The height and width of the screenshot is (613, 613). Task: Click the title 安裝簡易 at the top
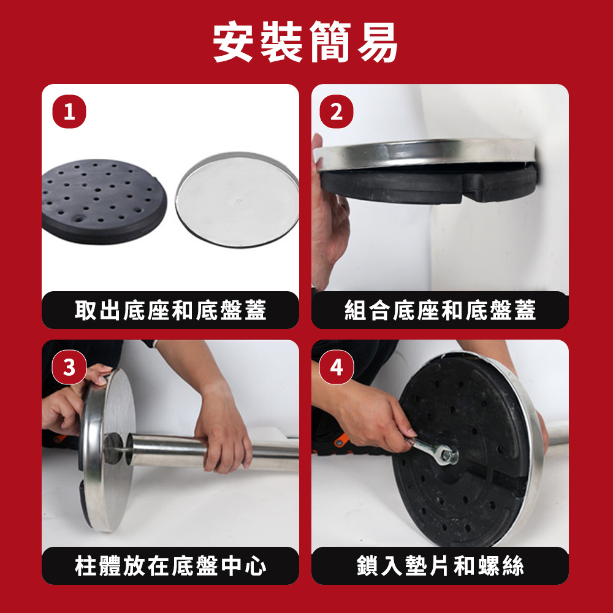pyautogui.click(x=305, y=42)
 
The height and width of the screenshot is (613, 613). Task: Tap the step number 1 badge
pyautogui.click(x=69, y=112)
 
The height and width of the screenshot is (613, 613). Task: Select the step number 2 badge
pyautogui.click(x=336, y=112)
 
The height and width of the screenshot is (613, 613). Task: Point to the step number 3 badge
pyautogui.click(x=69, y=367)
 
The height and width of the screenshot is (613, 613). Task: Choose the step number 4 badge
pyautogui.click(x=336, y=367)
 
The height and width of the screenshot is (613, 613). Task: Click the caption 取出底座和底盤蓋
pyautogui.click(x=170, y=310)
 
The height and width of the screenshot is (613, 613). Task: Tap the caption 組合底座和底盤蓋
pyautogui.click(x=440, y=310)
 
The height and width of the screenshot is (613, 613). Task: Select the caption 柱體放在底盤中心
pyautogui.click(x=170, y=565)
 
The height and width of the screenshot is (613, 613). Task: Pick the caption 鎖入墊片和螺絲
pyautogui.click(x=440, y=565)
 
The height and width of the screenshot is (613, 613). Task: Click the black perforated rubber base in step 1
pyautogui.click(x=104, y=201)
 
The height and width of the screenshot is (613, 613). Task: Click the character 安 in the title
pyautogui.click(x=233, y=42)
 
